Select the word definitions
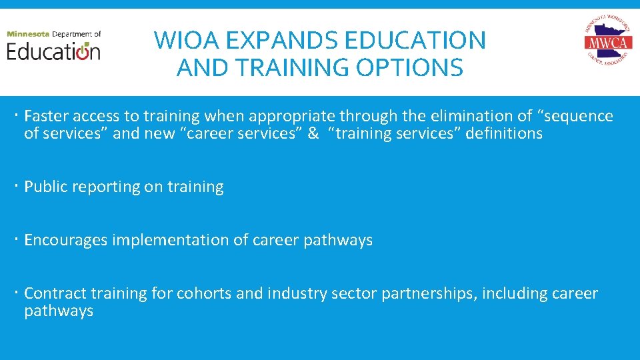pos(504,133)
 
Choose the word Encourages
pos(65,240)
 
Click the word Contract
pos(55,293)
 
